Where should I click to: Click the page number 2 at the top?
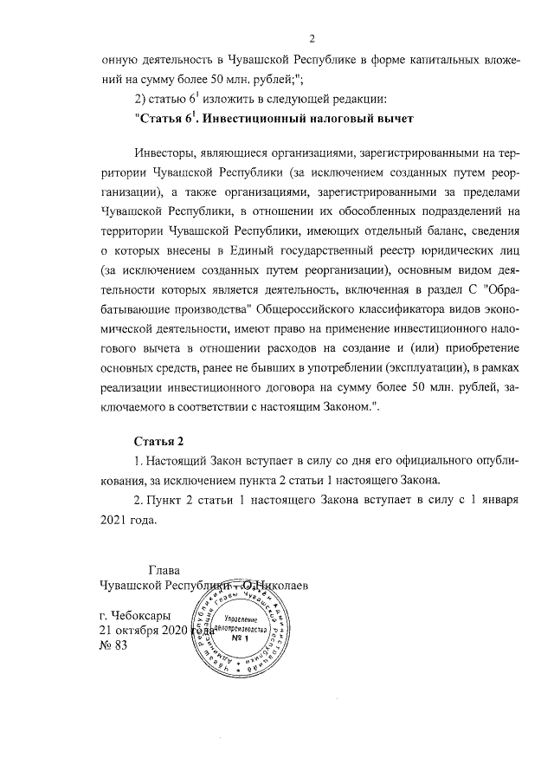click(x=312, y=37)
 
